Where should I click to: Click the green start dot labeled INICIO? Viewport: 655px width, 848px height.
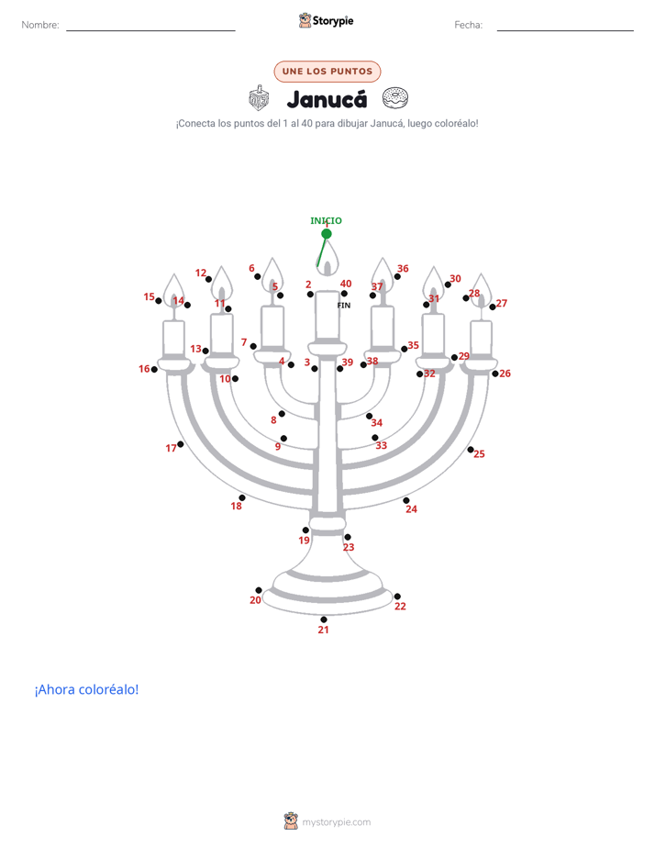[327, 234]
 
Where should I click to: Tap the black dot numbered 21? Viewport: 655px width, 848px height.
[323, 619]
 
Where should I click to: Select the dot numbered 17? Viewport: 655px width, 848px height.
[180, 444]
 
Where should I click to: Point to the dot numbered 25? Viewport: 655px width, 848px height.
[471, 450]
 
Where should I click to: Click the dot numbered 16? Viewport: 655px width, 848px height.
[154, 369]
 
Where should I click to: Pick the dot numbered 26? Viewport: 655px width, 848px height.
[495, 374]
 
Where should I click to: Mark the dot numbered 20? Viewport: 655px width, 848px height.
[259, 590]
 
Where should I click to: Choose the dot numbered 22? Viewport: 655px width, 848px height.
[397, 596]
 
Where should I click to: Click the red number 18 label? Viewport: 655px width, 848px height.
[236, 507]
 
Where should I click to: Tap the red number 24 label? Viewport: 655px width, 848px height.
[411, 509]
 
